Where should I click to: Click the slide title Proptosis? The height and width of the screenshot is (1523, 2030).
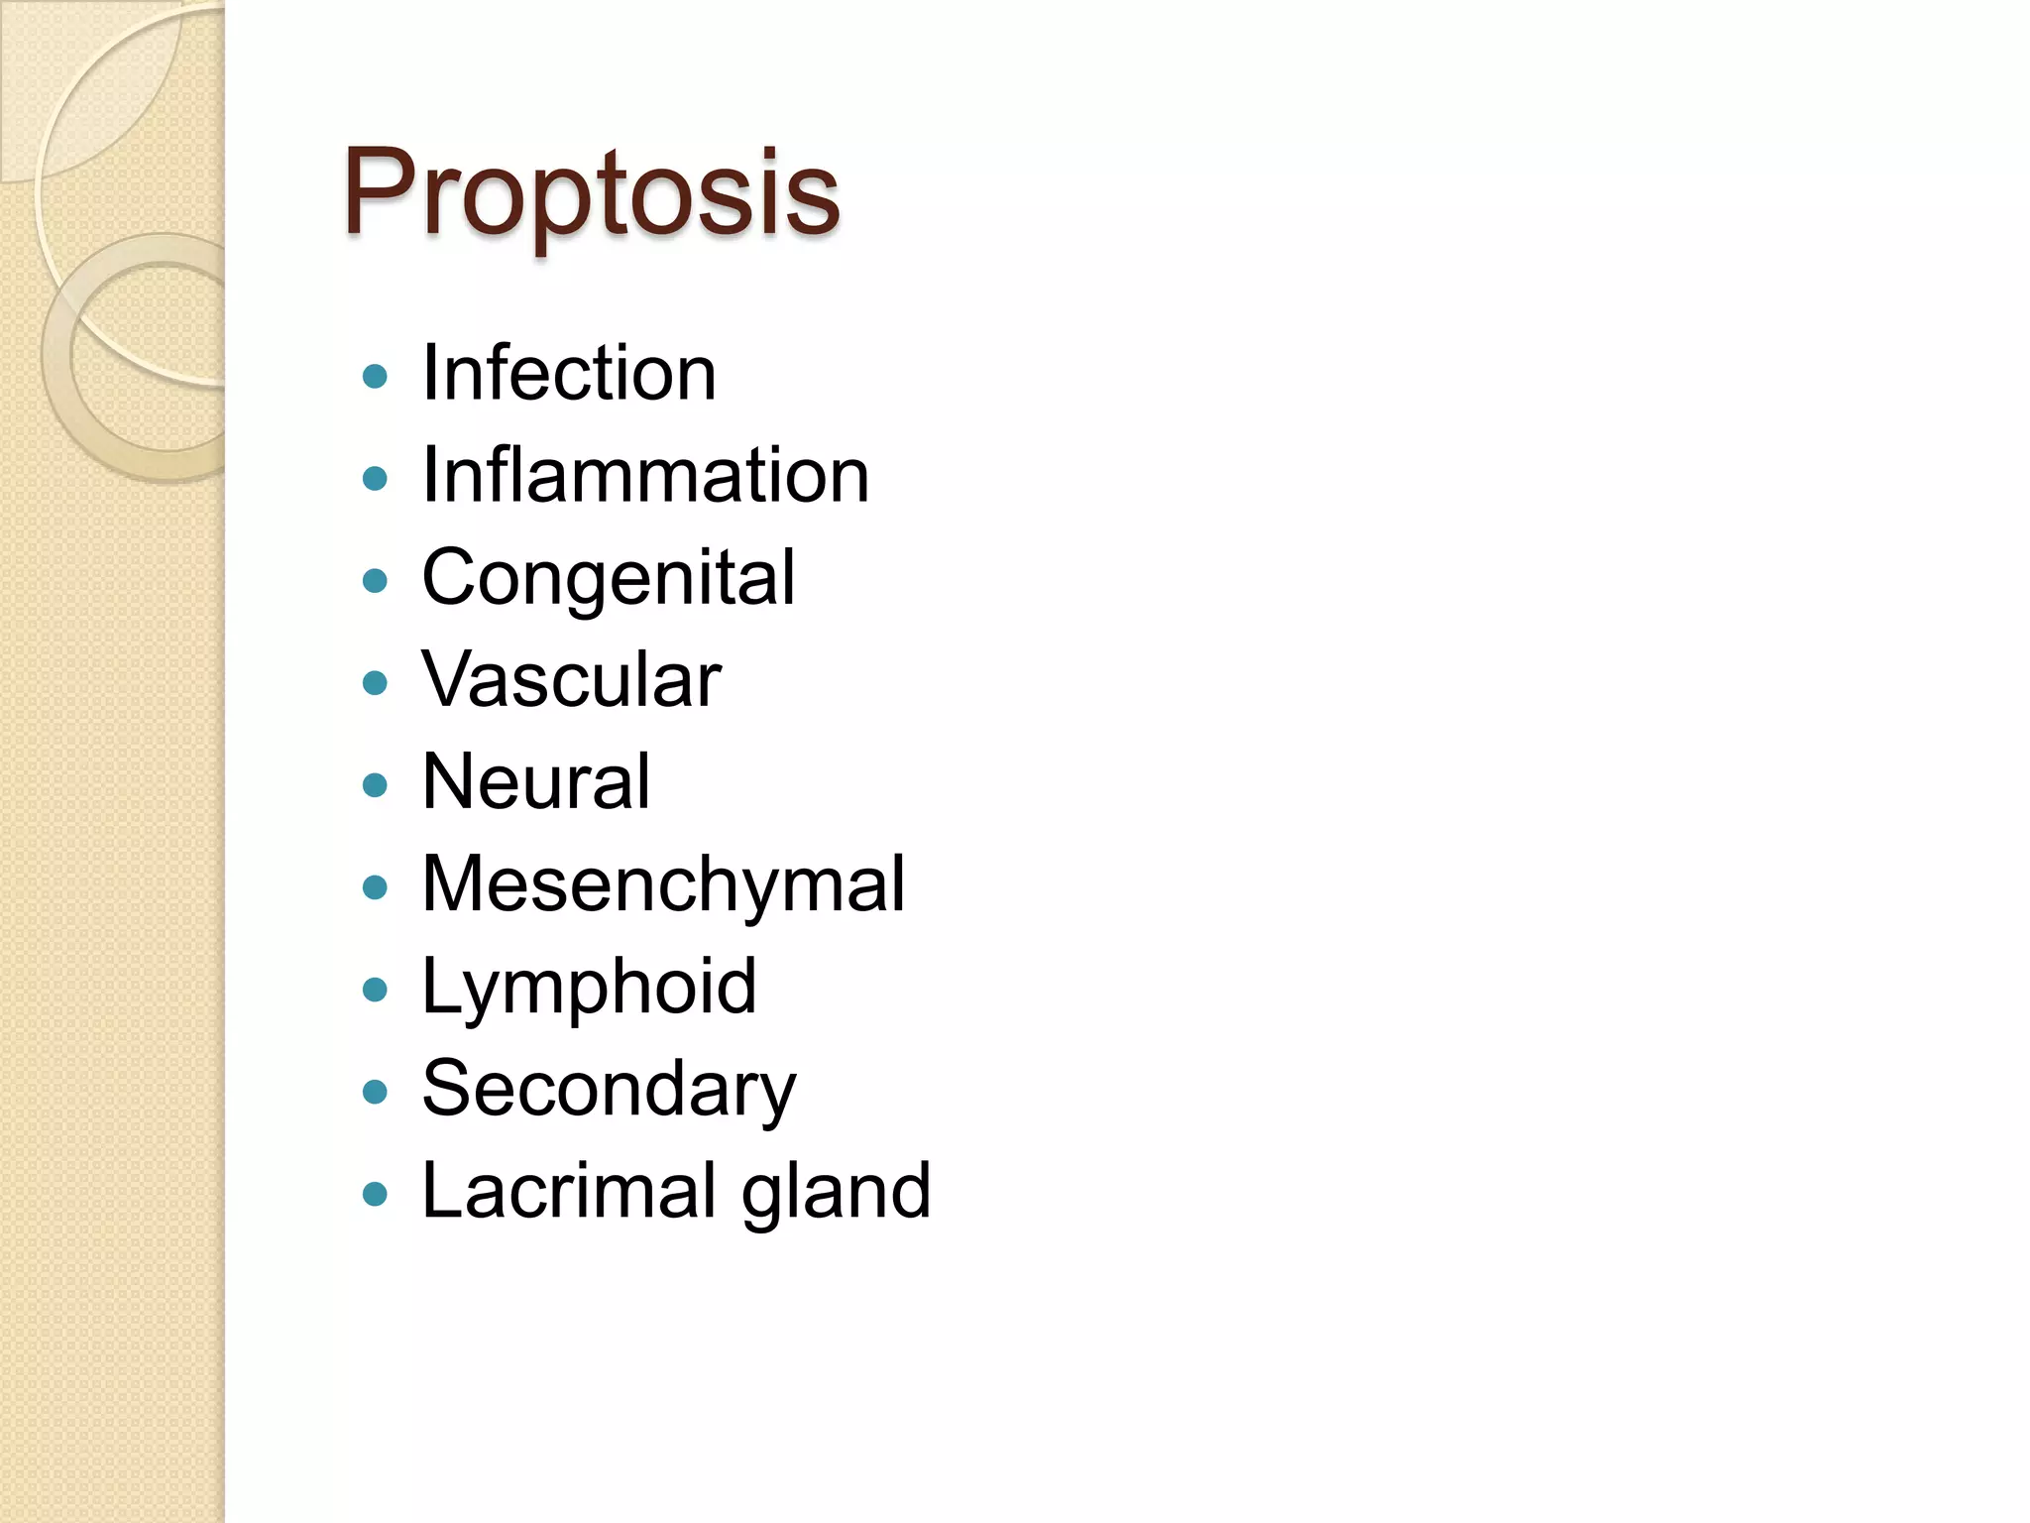pos(592,192)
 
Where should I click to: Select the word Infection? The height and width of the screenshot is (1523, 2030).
pos(568,374)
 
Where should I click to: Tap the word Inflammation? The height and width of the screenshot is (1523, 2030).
pos(645,476)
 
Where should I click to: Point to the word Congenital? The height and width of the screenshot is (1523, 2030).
pos(608,578)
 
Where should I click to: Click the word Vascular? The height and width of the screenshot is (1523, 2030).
pos(571,680)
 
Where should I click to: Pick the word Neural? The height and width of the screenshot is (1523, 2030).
pos(536,782)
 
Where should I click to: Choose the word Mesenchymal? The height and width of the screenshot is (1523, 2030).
pos(663,884)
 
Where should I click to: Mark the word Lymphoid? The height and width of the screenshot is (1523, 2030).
pos(589,987)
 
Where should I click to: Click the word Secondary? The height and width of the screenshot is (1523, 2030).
pos(609,1089)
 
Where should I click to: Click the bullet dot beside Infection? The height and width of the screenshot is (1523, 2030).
pos(375,377)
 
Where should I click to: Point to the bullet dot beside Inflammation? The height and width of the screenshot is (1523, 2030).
pos(375,479)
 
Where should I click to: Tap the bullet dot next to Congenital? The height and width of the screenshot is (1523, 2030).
pos(375,581)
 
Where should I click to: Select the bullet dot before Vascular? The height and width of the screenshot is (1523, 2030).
pos(375,683)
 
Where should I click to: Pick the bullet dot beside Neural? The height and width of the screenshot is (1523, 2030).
pos(375,785)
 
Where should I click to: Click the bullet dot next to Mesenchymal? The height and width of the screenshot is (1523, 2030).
pos(375,887)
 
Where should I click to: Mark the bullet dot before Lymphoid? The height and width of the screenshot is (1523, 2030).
pos(375,990)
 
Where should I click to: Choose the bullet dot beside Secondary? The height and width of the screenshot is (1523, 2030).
pos(375,1092)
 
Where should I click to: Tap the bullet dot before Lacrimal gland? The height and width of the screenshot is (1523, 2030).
pos(375,1194)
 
